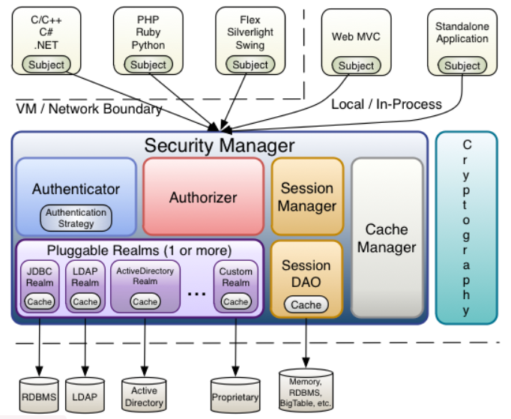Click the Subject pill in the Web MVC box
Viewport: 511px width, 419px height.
point(356,65)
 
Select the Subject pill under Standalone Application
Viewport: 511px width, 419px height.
point(462,65)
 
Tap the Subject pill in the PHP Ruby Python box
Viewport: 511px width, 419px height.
point(148,64)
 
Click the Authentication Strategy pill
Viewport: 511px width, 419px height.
point(76,218)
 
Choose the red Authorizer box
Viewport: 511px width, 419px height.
point(203,198)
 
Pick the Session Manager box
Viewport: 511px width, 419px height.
point(307,196)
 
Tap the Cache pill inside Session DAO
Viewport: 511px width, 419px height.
point(306,305)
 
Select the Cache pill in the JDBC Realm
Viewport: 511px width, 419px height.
point(40,301)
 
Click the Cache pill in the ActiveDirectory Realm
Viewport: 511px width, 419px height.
point(145,301)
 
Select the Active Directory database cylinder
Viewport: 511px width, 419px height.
point(144,396)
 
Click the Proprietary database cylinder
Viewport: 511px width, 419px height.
point(235,396)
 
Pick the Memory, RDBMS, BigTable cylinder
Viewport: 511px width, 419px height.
point(306,390)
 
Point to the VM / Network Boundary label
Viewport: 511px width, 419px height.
point(89,109)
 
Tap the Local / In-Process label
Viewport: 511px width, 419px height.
point(386,104)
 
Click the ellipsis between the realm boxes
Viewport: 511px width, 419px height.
point(197,294)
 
